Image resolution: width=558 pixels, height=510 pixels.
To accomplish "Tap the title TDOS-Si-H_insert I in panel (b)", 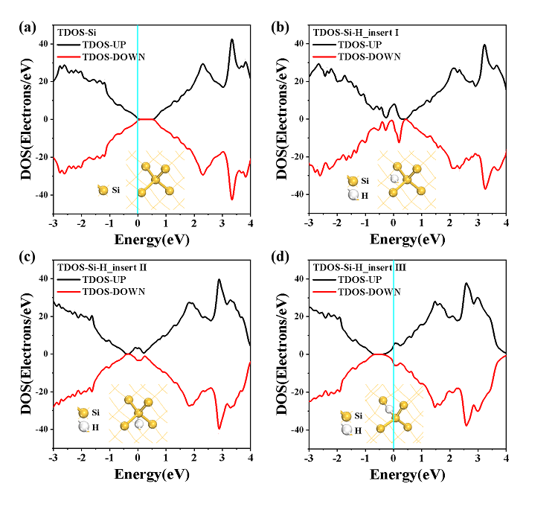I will pyautogui.click(x=357, y=32).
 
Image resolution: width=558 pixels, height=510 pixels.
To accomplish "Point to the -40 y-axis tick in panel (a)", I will pyautogui.click(x=40, y=195).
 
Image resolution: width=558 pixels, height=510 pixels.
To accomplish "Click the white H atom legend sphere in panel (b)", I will pyautogui.click(x=353, y=195).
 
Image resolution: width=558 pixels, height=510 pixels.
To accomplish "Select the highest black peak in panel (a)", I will pyautogui.click(x=232, y=39).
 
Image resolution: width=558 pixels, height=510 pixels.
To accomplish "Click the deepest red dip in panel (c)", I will pyautogui.click(x=219, y=428).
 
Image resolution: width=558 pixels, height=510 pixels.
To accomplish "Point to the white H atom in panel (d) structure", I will pyautogui.click(x=388, y=409).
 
